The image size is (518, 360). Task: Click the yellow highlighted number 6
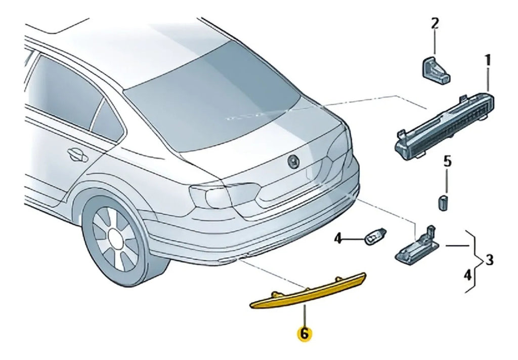[x=304, y=334]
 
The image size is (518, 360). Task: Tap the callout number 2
[x=435, y=23]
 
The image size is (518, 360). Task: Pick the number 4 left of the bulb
[x=337, y=238]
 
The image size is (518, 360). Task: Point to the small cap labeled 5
[x=443, y=203]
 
